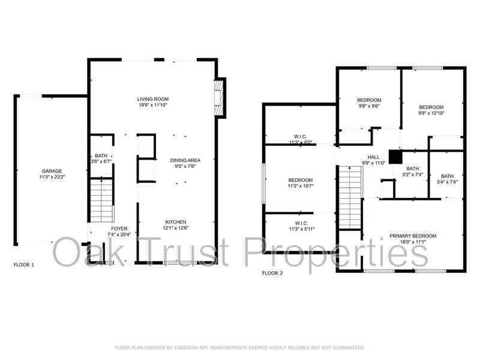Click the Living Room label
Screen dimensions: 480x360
(153, 99)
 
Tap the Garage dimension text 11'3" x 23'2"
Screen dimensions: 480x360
(52, 177)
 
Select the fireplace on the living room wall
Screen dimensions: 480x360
(219, 98)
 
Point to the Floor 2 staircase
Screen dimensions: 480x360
(350, 197)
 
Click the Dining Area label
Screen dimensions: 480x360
(185, 160)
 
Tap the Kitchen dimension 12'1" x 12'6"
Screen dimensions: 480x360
(176, 228)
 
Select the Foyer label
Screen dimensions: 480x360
(119, 229)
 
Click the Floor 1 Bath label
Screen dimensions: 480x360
(101, 156)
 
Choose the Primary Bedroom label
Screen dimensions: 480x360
(413, 236)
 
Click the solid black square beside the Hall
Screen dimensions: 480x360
(395, 157)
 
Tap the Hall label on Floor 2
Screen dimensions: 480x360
(373, 157)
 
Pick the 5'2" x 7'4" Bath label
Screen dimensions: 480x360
(413, 169)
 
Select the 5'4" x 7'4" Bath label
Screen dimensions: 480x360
(447, 176)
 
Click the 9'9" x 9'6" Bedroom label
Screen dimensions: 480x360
(369, 100)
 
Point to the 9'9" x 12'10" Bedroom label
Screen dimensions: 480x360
(431, 107)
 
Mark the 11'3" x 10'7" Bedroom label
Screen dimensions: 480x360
(301, 181)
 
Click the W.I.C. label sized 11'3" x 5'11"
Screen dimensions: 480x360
(302, 223)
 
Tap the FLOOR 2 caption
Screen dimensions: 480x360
(272, 273)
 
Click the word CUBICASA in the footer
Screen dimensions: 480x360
(186, 347)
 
